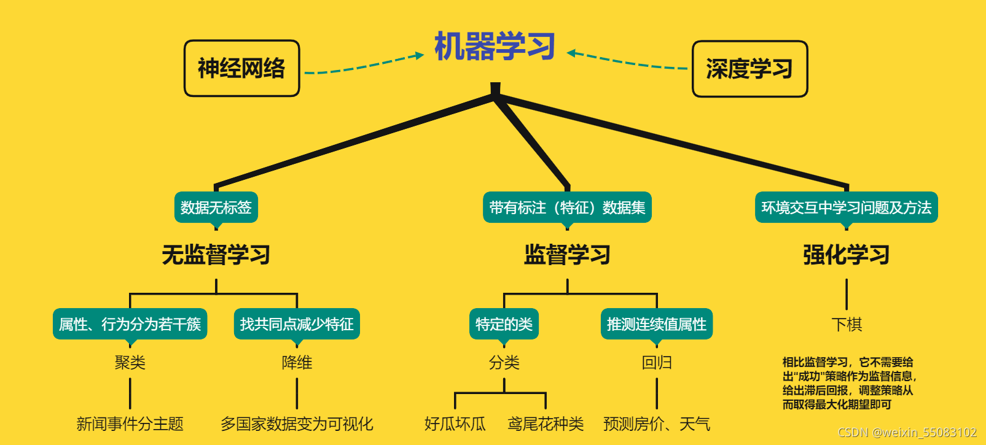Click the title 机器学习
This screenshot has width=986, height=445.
[x=495, y=46]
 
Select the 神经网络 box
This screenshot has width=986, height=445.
[x=241, y=68]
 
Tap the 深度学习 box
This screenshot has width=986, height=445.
[x=749, y=69]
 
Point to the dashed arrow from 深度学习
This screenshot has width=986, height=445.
[x=627, y=61]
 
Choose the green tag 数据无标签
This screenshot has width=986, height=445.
[x=216, y=207]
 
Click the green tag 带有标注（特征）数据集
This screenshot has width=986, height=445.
[x=567, y=207]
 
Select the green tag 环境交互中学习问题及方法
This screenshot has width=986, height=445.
[x=846, y=207]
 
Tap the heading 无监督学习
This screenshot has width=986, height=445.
[x=216, y=255]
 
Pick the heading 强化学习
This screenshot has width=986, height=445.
[x=846, y=255]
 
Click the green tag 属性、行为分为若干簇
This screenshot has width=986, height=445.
[x=130, y=324]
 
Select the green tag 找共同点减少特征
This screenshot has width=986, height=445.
[x=297, y=324]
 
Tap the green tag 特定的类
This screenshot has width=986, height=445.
[x=504, y=324]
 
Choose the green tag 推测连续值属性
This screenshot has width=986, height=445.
[x=656, y=324]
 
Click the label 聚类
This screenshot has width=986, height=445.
[x=130, y=363]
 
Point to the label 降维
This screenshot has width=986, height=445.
[x=297, y=363]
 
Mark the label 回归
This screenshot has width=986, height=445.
[x=656, y=363]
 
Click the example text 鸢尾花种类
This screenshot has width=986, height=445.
[x=546, y=424]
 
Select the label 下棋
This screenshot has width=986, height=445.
[x=846, y=324]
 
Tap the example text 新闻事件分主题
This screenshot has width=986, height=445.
[x=130, y=424]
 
